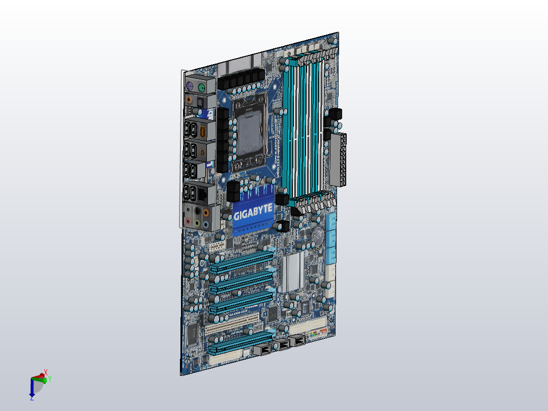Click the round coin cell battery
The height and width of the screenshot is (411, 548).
coord(318,234)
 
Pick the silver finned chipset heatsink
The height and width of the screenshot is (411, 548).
coord(293,272)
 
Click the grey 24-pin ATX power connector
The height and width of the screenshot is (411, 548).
coord(338,160)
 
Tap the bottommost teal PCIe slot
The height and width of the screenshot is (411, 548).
coord(240,343)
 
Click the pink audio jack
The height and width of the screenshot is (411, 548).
coord(188,222)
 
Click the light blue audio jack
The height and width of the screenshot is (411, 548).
coord(205,224)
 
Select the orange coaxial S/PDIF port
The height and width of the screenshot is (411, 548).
coord(189,99)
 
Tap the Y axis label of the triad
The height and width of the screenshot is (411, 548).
coord(50,378)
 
